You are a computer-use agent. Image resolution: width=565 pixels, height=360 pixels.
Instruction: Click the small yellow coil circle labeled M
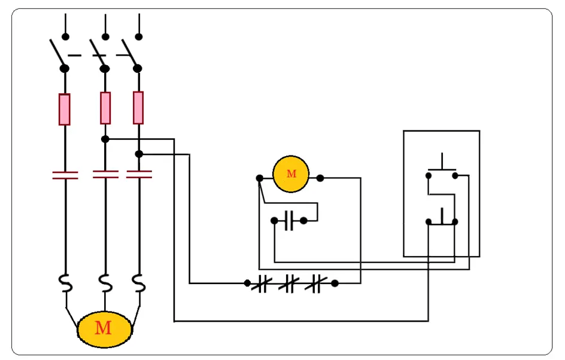click(x=290, y=174)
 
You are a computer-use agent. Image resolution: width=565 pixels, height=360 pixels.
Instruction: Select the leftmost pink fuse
click(x=65, y=109)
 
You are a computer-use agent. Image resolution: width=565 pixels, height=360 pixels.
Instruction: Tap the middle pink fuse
click(x=105, y=108)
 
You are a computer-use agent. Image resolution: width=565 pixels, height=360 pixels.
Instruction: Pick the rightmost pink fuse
click(x=138, y=108)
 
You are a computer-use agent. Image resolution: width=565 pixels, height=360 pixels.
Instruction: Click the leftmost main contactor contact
click(x=65, y=175)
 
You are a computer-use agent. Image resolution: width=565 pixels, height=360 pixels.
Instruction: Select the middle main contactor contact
click(x=105, y=175)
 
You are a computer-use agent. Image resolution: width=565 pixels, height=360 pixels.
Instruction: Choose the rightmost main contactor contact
click(x=139, y=175)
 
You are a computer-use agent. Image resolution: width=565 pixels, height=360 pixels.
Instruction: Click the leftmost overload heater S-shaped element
click(x=65, y=283)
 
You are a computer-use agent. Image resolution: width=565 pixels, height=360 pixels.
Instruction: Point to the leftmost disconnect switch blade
click(x=58, y=53)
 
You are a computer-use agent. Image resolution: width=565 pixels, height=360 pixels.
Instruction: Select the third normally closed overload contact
click(x=315, y=283)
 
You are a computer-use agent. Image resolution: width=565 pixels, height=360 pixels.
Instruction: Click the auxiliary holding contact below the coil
click(x=289, y=221)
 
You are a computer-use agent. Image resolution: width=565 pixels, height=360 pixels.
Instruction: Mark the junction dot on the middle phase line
click(x=105, y=139)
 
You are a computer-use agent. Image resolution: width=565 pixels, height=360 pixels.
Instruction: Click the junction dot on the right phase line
click(x=139, y=154)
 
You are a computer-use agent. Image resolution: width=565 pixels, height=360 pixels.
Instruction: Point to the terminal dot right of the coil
click(x=320, y=178)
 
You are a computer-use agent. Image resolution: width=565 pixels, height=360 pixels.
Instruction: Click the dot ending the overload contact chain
click(x=335, y=283)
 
